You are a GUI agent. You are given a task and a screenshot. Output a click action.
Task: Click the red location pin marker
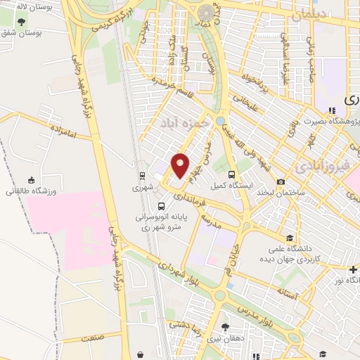181,166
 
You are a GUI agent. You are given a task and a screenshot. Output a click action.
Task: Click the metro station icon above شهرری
142,176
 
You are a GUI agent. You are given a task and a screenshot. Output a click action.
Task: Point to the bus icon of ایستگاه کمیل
232,174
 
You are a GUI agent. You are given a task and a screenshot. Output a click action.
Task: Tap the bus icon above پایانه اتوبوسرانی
162,207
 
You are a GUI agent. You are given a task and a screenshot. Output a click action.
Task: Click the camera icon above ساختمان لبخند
282,181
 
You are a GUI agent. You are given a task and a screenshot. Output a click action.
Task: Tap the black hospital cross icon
353,269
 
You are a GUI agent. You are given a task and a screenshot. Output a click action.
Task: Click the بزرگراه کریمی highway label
112,20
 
